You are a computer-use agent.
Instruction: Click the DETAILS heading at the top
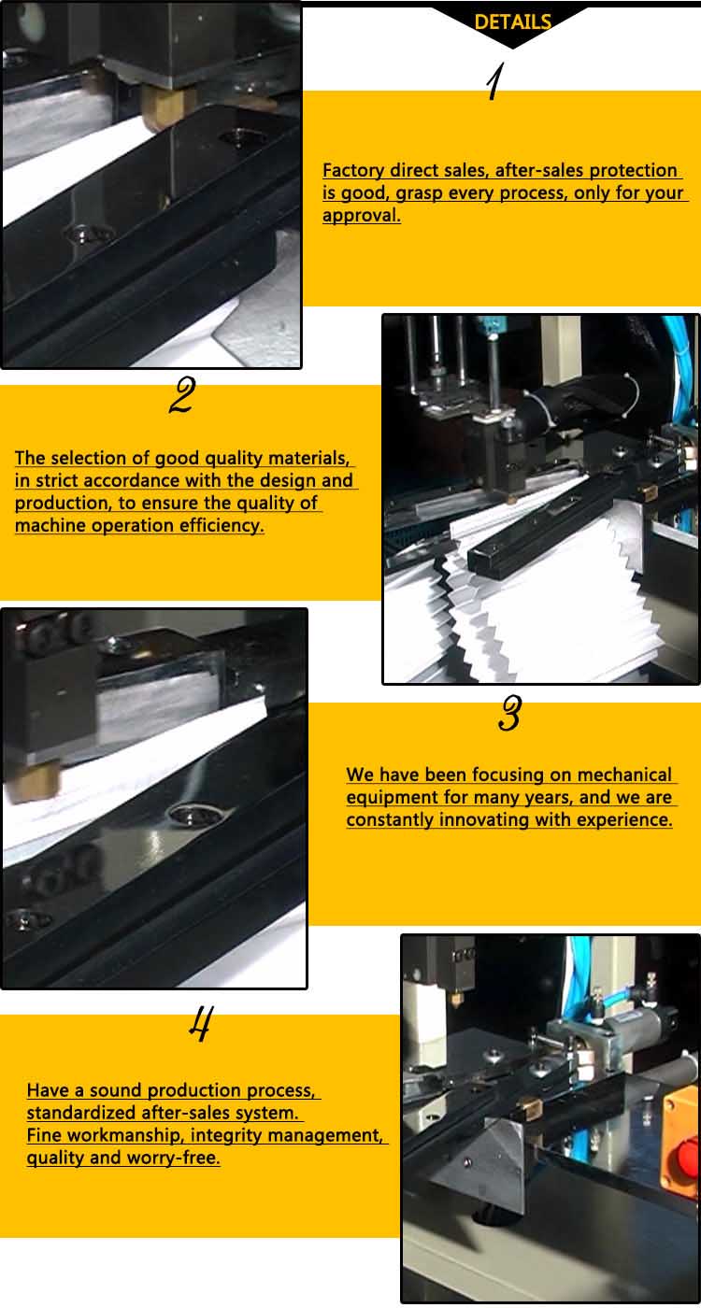pyautogui.click(x=512, y=22)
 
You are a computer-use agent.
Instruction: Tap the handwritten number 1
pyautogui.click(x=495, y=82)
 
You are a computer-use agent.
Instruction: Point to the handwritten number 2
pyautogui.click(x=181, y=396)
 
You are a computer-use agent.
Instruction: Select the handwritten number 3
pyautogui.click(x=509, y=715)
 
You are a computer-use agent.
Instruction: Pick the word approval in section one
pyautogui.click(x=361, y=216)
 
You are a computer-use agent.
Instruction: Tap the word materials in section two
pyautogui.click(x=308, y=459)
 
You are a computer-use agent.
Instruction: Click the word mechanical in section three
pyautogui.click(x=624, y=775)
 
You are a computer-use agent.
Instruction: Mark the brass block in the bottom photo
pyautogui.click(x=530, y=1107)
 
